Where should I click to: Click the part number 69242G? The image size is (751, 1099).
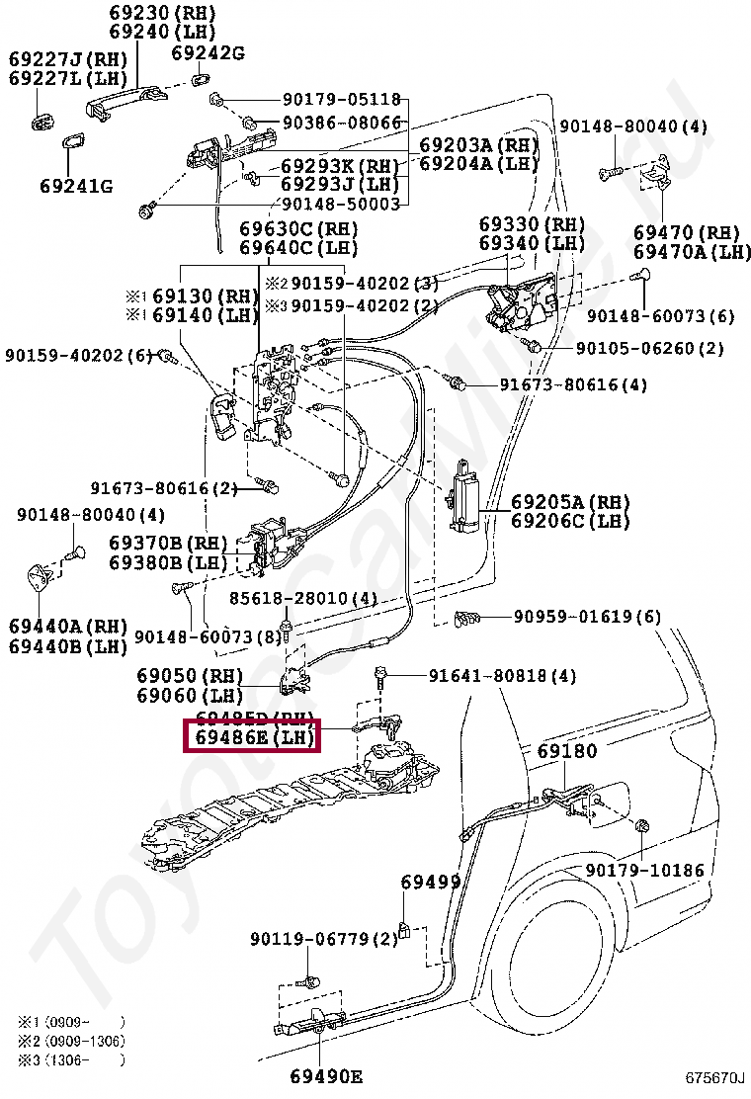point(207,52)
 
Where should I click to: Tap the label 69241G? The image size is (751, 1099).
point(76,186)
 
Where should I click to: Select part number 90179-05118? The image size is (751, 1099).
point(342,100)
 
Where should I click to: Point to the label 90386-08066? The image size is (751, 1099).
point(342,123)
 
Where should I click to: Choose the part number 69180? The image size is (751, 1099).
point(567,752)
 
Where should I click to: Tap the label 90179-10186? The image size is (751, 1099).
point(644,870)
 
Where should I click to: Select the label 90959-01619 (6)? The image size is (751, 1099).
point(587,618)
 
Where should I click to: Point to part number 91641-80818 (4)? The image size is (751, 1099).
point(502,676)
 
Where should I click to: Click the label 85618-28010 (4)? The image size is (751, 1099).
point(303,599)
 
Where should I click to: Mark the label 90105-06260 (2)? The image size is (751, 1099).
point(650,348)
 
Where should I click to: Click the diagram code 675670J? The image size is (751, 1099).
point(716,1077)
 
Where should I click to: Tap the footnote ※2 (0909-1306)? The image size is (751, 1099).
point(71,1041)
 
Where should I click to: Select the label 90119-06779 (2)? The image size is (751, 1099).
point(323,938)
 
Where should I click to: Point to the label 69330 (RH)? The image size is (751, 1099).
point(532,225)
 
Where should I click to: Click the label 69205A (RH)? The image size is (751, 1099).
point(570,502)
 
